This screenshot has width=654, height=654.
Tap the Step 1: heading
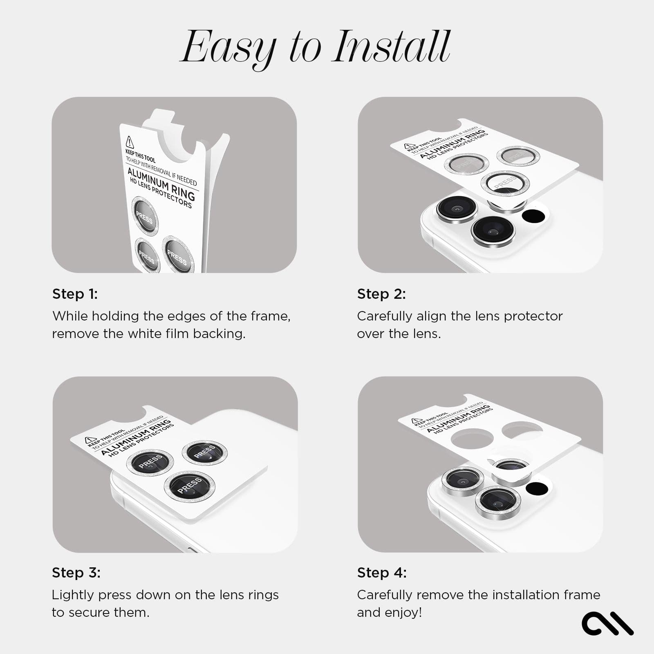pyautogui.click(x=75, y=294)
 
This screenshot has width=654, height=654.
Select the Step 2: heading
pyautogui.click(x=381, y=294)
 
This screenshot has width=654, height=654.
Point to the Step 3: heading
pyautogui.click(x=76, y=573)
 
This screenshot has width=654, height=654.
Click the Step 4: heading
pyautogui.click(x=382, y=573)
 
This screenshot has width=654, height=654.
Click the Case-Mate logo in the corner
pyautogui.click(x=607, y=623)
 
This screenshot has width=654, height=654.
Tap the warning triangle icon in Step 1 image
pyautogui.click(x=130, y=142)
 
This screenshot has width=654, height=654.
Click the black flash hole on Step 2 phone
pyautogui.click(x=534, y=216)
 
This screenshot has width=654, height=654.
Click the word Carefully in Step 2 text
pyautogui.click(x=384, y=316)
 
